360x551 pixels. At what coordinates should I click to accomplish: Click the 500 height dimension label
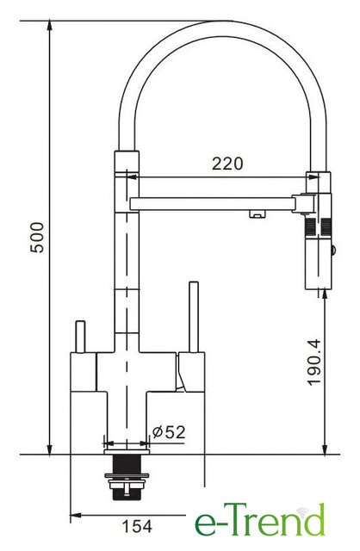coord(37,238)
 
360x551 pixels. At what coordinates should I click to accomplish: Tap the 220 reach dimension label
coord(227,164)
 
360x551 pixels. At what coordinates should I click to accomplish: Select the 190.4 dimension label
coord(314,362)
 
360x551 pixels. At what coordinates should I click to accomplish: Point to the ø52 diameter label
coord(169,432)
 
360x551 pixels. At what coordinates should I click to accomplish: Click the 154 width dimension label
coord(137,526)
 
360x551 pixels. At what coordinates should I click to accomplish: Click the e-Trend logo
coord(260,520)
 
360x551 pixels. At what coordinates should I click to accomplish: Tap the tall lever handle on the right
coord(194,317)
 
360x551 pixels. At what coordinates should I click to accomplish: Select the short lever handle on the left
coord(80,337)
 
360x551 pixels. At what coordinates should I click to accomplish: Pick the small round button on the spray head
coord(333,251)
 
